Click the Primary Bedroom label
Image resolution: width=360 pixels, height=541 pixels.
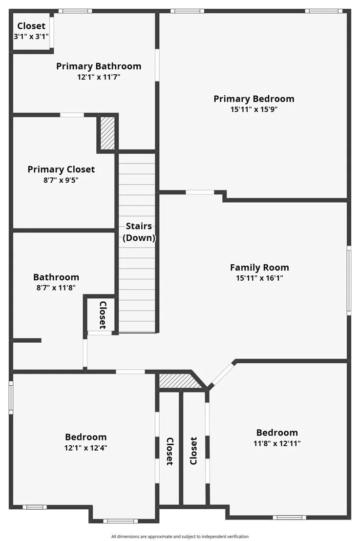254,99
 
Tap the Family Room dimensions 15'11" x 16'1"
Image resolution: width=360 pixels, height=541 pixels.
259,278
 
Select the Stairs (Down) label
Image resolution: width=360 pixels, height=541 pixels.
139,232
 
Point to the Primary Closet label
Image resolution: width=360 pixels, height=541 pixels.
61,169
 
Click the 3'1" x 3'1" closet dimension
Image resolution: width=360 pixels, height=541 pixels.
31,36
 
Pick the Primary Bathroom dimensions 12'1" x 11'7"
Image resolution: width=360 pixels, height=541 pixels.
99,77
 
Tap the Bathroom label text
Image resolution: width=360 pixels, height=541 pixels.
56,277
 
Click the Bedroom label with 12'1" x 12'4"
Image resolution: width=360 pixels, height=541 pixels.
85,437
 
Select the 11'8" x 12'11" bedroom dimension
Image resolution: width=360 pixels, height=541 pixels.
277,443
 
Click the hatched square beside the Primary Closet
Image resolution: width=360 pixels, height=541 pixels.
107,133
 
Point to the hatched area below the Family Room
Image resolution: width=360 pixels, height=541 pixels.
179,380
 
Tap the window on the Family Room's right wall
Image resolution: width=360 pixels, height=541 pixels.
349,280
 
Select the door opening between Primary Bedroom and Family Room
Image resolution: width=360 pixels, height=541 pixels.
200,192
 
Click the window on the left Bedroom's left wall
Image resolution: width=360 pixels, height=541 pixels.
11,397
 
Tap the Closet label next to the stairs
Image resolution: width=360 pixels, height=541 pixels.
103,315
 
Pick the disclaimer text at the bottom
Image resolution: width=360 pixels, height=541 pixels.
180,537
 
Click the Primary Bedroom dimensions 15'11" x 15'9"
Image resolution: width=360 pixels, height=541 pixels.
254,109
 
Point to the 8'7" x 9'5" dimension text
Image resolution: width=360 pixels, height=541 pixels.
61,180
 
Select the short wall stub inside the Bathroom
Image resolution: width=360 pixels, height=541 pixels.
27,340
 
